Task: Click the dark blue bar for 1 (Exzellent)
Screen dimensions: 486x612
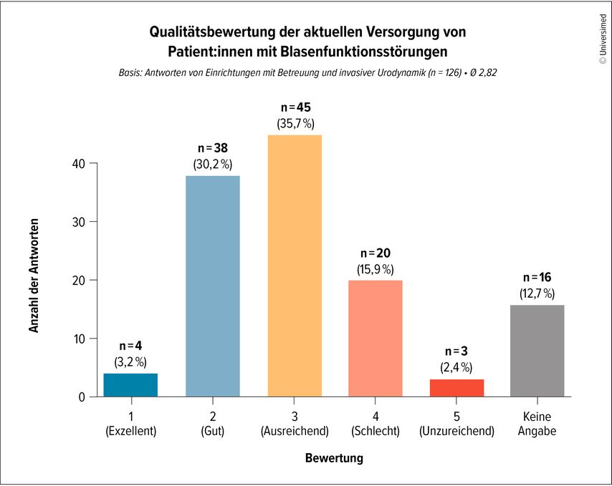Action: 130,384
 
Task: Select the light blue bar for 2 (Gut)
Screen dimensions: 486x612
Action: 213,286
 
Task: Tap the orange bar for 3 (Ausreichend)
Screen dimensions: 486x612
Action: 295,266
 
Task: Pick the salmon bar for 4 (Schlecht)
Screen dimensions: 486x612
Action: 376,338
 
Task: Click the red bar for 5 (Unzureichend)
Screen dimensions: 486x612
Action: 457,387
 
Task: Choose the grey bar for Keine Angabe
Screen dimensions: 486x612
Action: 537,350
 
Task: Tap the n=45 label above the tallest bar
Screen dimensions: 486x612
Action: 295,107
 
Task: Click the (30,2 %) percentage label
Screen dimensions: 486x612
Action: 213,164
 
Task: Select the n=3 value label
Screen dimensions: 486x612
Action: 457,351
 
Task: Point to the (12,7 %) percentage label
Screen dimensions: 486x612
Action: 537,293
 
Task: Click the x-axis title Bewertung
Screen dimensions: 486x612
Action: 334,457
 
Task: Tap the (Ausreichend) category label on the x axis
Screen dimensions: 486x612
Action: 295,432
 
